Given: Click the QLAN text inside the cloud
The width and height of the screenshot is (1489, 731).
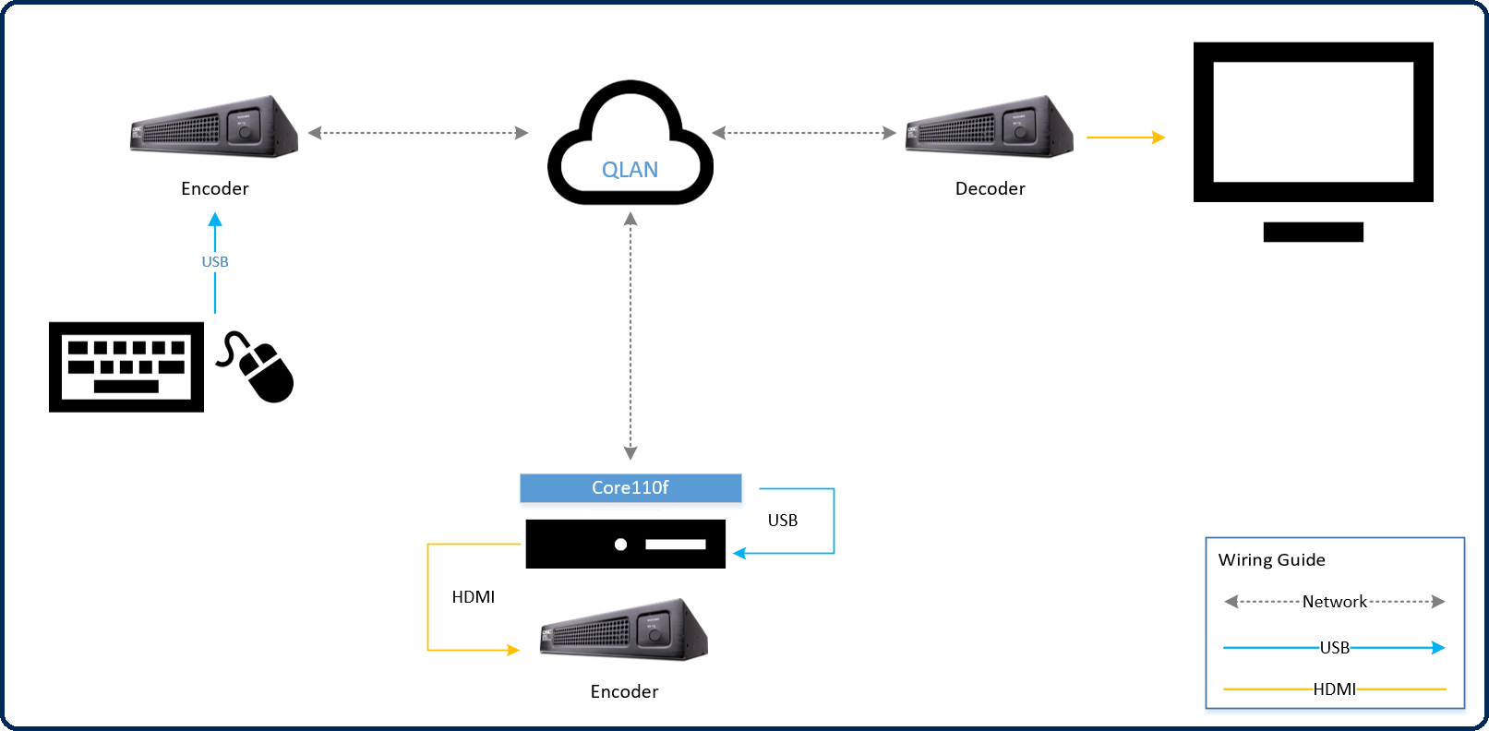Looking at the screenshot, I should [x=630, y=170].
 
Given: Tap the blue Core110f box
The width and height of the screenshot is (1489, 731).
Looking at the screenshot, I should [x=630, y=487].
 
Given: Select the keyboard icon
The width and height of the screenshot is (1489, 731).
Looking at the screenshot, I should [x=126, y=366].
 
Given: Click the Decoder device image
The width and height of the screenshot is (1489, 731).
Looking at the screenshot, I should [x=989, y=127].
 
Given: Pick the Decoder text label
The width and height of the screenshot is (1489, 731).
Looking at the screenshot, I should [x=990, y=189].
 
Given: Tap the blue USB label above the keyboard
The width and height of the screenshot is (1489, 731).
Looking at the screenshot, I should [x=215, y=262].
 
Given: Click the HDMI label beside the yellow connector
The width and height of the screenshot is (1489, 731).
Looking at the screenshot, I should [x=474, y=597].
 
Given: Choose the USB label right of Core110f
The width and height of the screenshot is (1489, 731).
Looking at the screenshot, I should [x=783, y=521].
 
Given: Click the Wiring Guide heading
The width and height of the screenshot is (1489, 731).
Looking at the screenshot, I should [x=1271, y=560].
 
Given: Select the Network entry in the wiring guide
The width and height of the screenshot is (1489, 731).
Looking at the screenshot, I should [x=1334, y=602].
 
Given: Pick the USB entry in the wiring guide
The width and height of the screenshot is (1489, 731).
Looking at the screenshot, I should [x=1334, y=648].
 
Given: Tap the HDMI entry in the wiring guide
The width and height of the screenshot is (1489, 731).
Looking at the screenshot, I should [x=1334, y=689].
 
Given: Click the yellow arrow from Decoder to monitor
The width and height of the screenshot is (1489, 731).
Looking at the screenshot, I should [x=1125, y=138].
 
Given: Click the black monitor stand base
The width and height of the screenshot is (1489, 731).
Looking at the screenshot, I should [x=1313, y=232].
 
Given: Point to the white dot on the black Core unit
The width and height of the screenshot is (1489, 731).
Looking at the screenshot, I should [x=621, y=545].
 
